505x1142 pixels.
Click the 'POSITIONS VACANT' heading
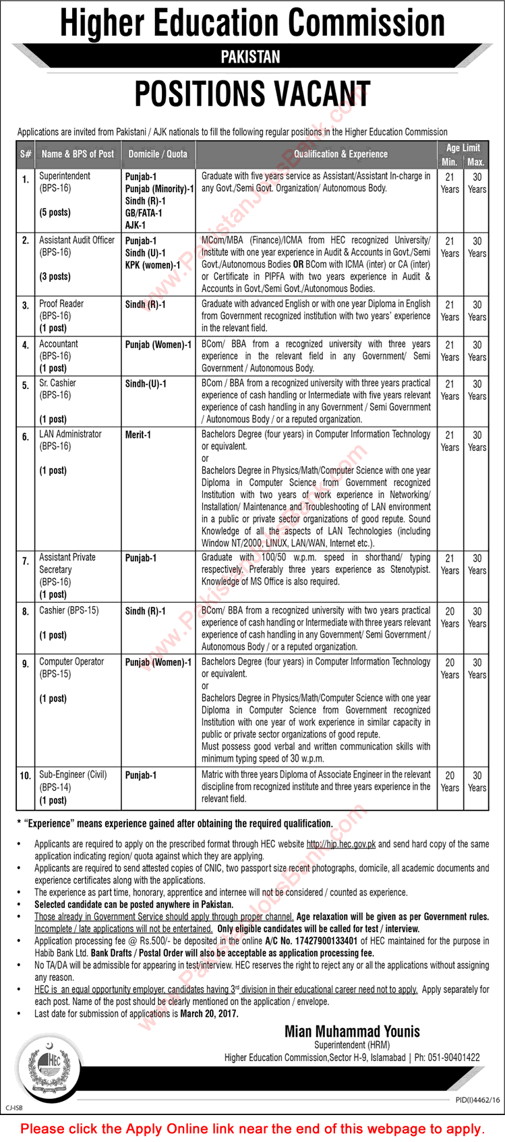pos(252,94)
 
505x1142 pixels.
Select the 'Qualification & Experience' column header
pos(340,154)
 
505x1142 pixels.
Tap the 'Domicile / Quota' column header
pos(158,154)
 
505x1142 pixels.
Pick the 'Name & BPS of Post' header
pos(78,154)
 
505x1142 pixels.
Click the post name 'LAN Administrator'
pos(70,434)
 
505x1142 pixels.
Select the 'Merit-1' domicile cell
pos(138,435)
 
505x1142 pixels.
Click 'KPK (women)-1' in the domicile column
pos(152,265)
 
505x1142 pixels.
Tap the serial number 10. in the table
pos(26,776)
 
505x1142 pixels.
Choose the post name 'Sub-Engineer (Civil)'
pos(73,775)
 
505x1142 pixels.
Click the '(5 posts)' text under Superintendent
pos(55,212)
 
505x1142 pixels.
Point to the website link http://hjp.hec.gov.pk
pos(340,844)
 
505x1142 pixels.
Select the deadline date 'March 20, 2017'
pos(209,1013)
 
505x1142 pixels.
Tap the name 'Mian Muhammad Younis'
pos(352,1031)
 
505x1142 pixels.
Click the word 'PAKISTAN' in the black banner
pos(250,57)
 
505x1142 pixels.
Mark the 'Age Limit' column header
pos(463,148)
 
